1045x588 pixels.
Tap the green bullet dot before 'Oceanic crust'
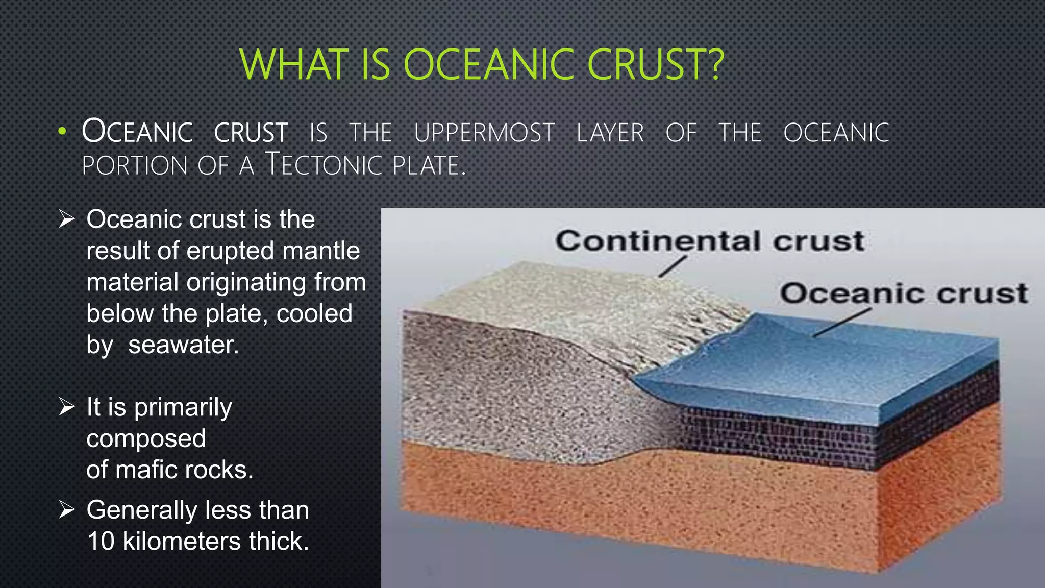click(x=62, y=131)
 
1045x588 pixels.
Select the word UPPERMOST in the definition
click(x=484, y=133)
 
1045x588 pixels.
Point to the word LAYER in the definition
click(x=610, y=133)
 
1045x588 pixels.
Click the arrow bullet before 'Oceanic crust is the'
click(x=67, y=219)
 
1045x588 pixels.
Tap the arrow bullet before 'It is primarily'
click(x=67, y=407)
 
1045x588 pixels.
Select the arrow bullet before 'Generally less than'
click(x=67, y=509)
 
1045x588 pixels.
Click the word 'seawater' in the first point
click(x=183, y=345)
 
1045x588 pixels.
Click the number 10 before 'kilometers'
click(x=101, y=541)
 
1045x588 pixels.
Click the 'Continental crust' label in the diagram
click(x=709, y=240)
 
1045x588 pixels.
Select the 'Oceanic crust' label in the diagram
click(x=903, y=293)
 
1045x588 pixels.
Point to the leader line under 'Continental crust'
click(x=672, y=266)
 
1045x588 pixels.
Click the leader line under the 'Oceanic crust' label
click(x=841, y=323)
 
